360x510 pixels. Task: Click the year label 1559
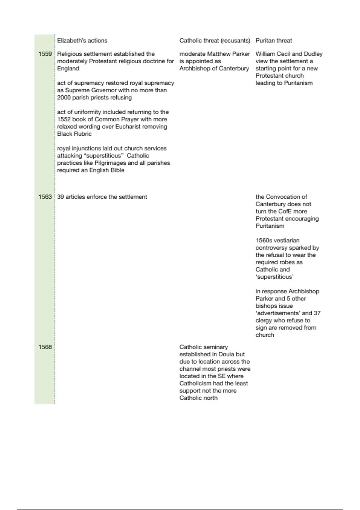pyautogui.click(x=45, y=54)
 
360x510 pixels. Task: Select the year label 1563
pyautogui.click(x=45, y=197)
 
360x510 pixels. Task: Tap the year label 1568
pyautogui.click(x=45, y=347)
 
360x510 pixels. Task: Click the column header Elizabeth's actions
pyautogui.click(x=82, y=40)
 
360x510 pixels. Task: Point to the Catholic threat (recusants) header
pyautogui.click(x=214, y=40)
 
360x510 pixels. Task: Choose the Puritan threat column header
pyautogui.click(x=274, y=40)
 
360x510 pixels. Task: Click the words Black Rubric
pyautogui.click(x=74, y=134)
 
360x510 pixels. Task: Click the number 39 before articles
pyautogui.click(x=61, y=197)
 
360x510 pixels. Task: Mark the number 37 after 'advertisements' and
pyautogui.click(x=317, y=313)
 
